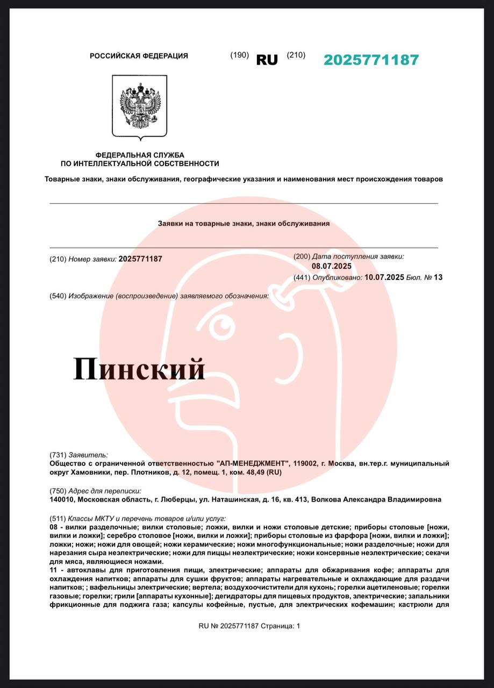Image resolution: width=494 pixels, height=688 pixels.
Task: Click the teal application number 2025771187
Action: click(x=371, y=60)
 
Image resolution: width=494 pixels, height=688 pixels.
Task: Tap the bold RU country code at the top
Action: click(x=267, y=60)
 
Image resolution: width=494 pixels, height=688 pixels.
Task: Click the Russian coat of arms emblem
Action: click(x=139, y=106)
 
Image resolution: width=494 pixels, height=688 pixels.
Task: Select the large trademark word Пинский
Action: click(x=139, y=369)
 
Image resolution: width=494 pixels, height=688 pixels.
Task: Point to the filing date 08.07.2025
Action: click(x=332, y=266)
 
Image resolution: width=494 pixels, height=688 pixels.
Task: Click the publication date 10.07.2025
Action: click(x=384, y=277)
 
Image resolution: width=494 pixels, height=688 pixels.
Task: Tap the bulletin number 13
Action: click(x=438, y=277)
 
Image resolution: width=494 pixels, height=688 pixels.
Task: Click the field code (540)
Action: click(x=58, y=296)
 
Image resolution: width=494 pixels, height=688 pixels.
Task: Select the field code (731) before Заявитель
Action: click(x=58, y=455)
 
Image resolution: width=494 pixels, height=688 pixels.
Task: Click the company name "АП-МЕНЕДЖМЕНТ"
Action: click(x=253, y=463)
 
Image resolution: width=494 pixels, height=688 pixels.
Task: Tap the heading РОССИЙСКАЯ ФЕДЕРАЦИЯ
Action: click(x=139, y=56)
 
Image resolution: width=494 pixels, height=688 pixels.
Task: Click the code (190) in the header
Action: click(x=239, y=55)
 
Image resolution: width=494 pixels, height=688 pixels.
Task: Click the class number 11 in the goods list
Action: click(x=53, y=570)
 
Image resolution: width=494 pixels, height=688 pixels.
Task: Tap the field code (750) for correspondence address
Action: click(x=58, y=491)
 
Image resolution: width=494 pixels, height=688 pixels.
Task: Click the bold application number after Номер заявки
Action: click(x=140, y=259)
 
